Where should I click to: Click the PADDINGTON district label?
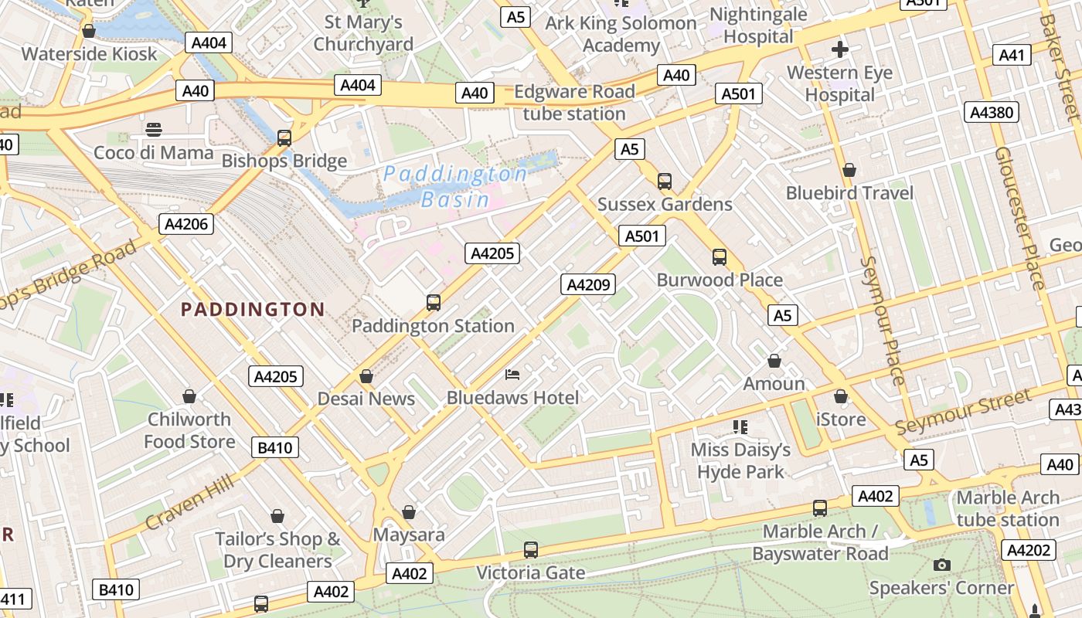(x=253, y=310)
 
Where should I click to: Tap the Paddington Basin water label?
(x=456, y=186)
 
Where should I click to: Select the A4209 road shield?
(x=587, y=285)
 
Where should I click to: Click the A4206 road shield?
(x=186, y=225)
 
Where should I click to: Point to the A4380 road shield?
(x=991, y=113)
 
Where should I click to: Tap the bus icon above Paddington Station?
(x=434, y=303)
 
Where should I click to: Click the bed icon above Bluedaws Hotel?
(x=512, y=375)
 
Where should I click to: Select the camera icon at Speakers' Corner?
(x=941, y=565)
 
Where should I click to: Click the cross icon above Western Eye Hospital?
(x=840, y=50)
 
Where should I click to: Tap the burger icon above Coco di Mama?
(x=154, y=129)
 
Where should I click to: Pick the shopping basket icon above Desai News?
(x=366, y=376)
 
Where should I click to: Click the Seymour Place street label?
(x=882, y=321)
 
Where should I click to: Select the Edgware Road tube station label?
(x=574, y=103)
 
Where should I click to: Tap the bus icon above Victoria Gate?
(x=530, y=550)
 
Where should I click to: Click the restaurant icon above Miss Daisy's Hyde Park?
(x=740, y=426)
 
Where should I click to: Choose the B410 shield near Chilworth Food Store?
(x=275, y=447)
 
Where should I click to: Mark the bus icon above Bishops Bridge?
(x=284, y=138)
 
